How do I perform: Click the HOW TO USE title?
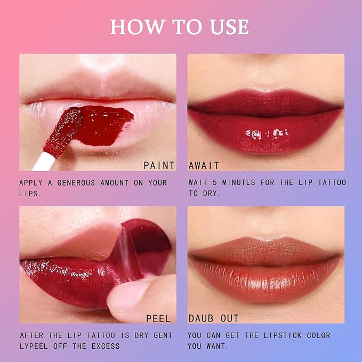(x=180, y=27)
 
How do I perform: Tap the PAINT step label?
(x=159, y=166)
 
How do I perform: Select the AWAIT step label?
(x=204, y=166)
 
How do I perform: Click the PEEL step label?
(x=159, y=318)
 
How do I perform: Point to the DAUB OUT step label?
(x=213, y=318)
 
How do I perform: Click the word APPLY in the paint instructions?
(x=31, y=182)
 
